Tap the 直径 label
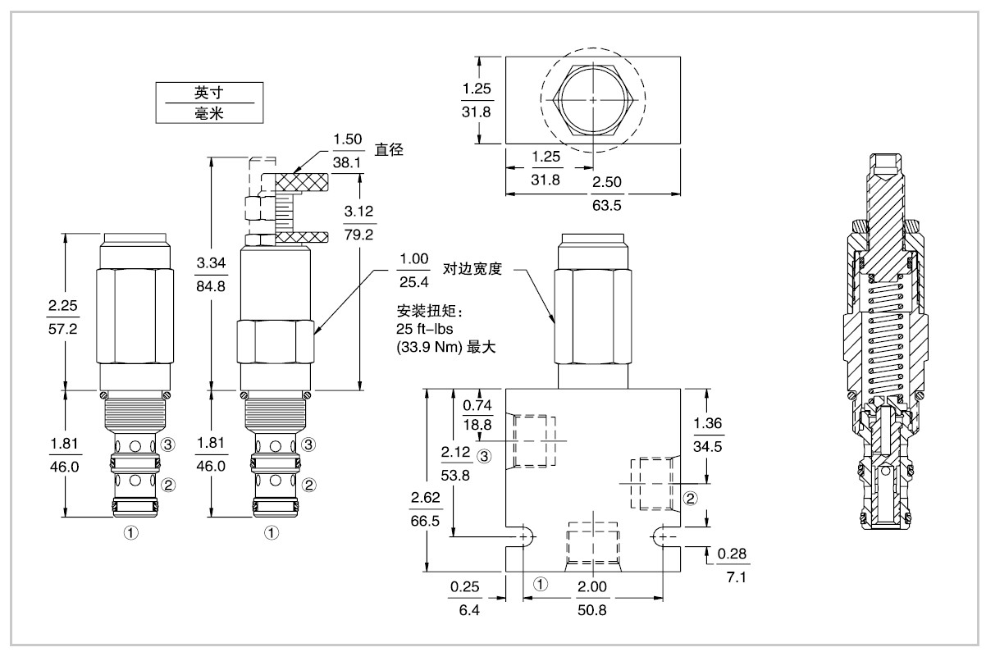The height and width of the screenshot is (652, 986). [390, 150]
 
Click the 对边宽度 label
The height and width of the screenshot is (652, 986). [472, 268]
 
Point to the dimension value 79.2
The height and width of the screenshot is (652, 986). [359, 235]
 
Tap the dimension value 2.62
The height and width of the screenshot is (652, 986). [425, 497]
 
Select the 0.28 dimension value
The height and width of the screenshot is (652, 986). [732, 554]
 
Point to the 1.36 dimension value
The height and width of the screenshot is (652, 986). [708, 425]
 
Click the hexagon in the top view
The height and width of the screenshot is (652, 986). [592, 98]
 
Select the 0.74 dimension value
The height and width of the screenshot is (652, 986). [477, 405]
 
